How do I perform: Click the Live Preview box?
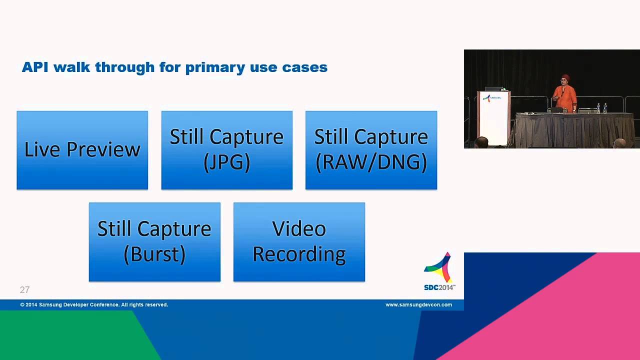pos(82,150)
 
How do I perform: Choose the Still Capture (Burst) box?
pos(154,242)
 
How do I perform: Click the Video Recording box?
pos(299,242)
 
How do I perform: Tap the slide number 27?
pos(24,290)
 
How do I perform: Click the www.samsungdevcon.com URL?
pos(418,304)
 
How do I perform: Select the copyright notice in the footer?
pos(94,304)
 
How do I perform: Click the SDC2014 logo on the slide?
pos(439,272)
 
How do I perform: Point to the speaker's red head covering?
pos(565,77)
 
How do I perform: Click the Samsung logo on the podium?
pos(492,98)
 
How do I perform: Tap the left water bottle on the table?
pos(598,108)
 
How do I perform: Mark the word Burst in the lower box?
pos(154,254)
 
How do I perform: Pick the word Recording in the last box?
pos(299,254)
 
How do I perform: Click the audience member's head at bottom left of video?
pos(481,142)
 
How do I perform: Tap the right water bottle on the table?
pos(605,108)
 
